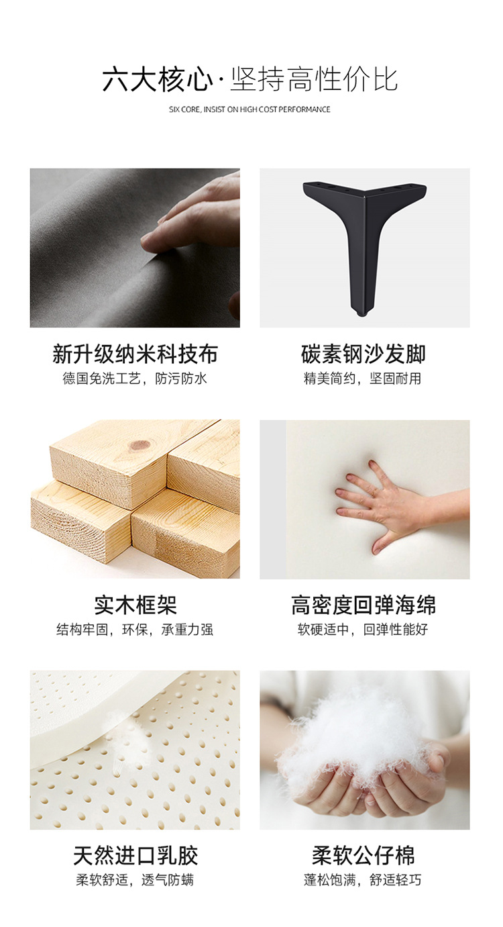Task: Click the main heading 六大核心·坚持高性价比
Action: [x=250, y=79]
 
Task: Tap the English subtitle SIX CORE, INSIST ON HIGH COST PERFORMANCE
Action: [x=249, y=109]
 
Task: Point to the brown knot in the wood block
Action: [x=139, y=446]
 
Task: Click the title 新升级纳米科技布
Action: [x=135, y=354]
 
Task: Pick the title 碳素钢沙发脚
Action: [x=363, y=354]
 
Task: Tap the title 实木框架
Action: [x=135, y=605]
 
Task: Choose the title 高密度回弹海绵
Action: [x=363, y=605]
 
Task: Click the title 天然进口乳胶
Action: [x=135, y=856]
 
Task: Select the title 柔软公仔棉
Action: [x=363, y=856]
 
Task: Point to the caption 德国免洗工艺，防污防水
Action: [x=135, y=379]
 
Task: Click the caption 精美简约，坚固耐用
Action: [x=362, y=379]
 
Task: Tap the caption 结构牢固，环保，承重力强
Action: [x=135, y=630]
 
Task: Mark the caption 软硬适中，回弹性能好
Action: [x=362, y=630]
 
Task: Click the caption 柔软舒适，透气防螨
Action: [x=135, y=880]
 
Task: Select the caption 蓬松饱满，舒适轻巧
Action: [x=362, y=880]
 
